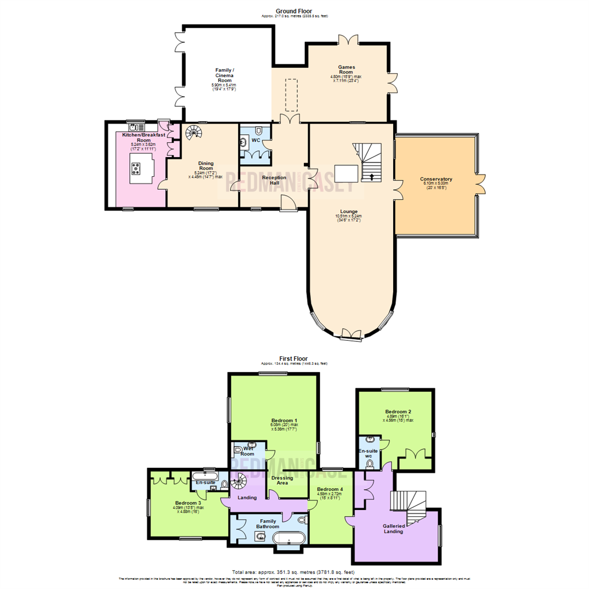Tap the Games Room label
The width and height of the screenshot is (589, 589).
[346, 70]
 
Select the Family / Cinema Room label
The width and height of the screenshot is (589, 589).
[225, 75]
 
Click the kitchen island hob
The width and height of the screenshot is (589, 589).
[135, 169]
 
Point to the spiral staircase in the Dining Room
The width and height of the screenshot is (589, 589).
[194, 132]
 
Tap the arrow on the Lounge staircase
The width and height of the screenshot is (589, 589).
[372, 176]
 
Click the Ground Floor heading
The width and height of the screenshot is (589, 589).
[294, 11]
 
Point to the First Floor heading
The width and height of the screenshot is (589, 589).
[294, 358]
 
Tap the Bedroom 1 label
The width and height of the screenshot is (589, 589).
[284, 420]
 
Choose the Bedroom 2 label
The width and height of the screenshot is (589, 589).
[398, 411]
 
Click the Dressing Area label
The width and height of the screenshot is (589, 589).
[282, 480]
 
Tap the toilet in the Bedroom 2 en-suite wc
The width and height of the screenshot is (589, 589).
[370, 463]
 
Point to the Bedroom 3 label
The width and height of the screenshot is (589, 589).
[188, 503]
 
